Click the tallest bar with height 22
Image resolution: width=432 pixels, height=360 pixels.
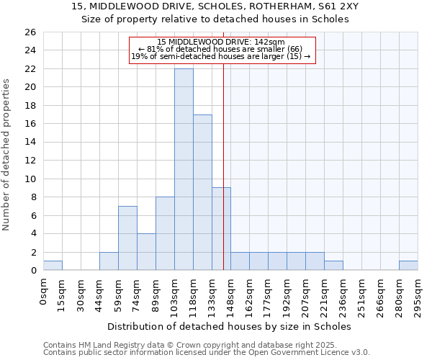(184, 169)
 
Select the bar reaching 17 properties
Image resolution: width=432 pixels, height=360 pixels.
(202, 192)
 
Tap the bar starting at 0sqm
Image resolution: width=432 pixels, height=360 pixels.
(53, 265)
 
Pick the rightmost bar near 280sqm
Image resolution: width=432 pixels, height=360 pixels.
(408, 265)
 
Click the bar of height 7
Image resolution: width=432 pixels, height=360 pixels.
(127, 238)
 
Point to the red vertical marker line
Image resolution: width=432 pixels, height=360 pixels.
(224, 166)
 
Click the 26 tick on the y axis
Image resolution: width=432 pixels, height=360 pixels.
(30, 32)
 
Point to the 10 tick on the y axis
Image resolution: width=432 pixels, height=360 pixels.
(30, 179)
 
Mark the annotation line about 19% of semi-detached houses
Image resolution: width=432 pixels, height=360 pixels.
(221, 56)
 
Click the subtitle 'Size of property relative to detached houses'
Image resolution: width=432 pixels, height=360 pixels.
(215, 19)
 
